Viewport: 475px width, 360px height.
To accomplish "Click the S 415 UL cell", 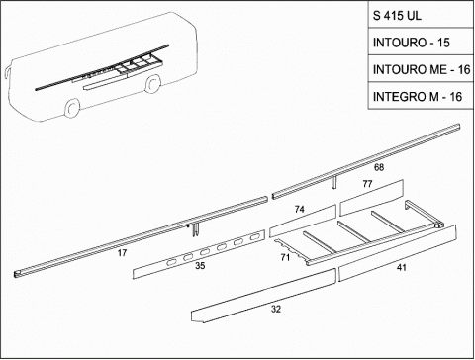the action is (x=421, y=15).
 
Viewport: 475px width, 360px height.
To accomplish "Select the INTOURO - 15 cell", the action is (x=421, y=42).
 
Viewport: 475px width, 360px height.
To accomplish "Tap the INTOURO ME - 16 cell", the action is (x=421, y=69).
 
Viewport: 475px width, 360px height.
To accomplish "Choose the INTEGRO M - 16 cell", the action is (x=421, y=96).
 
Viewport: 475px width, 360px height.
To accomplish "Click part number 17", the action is (x=122, y=253).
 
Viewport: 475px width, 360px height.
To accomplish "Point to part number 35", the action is (x=200, y=265).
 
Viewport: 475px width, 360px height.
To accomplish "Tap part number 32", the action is (x=276, y=309).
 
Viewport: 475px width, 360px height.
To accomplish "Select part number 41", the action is (x=401, y=267).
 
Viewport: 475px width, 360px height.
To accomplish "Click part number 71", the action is (x=285, y=257).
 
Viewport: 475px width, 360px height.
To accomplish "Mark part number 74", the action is (x=300, y=209).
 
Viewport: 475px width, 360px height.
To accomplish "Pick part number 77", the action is (x=367, y=184).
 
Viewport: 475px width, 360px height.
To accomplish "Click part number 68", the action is (x=379, y=167).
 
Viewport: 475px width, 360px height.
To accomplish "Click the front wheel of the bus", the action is (x=72, y=108).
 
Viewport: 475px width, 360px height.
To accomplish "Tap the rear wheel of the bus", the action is (x=152, y=83).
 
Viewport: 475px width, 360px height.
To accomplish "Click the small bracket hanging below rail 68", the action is (x=334, y=182).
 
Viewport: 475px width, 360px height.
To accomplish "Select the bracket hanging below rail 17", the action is (x=194, y=228).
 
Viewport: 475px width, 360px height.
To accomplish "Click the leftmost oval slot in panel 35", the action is (x=172, y=263).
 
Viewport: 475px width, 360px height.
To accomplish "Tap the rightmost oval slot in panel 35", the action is (x=254, y=237).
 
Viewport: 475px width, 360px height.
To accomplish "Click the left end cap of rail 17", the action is (x=17, y=274).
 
